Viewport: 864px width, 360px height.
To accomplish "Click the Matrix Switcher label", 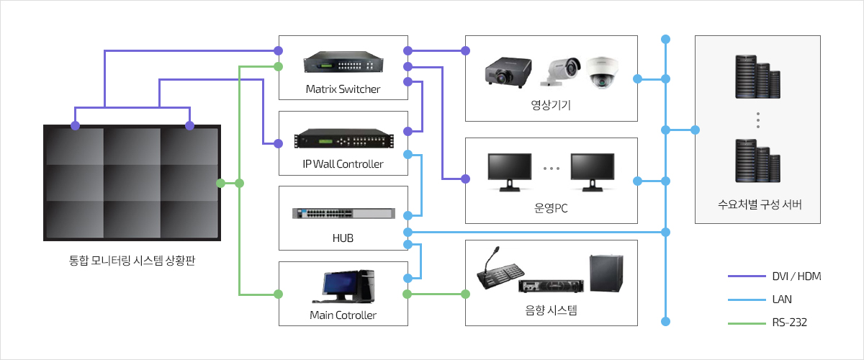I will [x=343, y=89].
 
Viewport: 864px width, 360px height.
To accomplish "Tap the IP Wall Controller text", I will [x=343, y=164].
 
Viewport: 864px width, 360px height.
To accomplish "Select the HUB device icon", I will [x=343, y=213].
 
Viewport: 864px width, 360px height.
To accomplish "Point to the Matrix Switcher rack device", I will [x=343, y=63].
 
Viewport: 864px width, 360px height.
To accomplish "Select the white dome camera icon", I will [x=602, y=71].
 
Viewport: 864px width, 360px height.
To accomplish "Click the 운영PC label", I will [x=551, y=210].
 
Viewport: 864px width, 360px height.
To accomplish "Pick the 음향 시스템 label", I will [x=551, y=311].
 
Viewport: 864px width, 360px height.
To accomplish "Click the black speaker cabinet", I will [x=606, y=274].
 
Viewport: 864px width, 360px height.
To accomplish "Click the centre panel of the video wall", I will [x=132, y=183].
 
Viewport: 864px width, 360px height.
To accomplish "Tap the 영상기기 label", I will [x=551, y=104].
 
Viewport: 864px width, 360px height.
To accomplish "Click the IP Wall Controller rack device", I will [x=343, y=138].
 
